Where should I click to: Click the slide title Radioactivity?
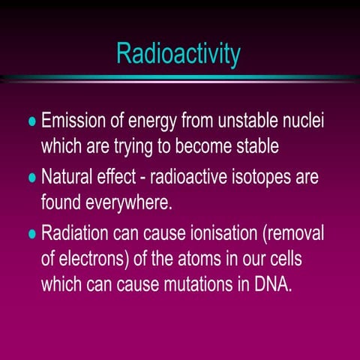coord(178,53)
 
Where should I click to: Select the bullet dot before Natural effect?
coord(31,178)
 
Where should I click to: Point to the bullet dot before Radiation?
coord(31,234)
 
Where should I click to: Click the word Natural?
coord(70,177)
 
